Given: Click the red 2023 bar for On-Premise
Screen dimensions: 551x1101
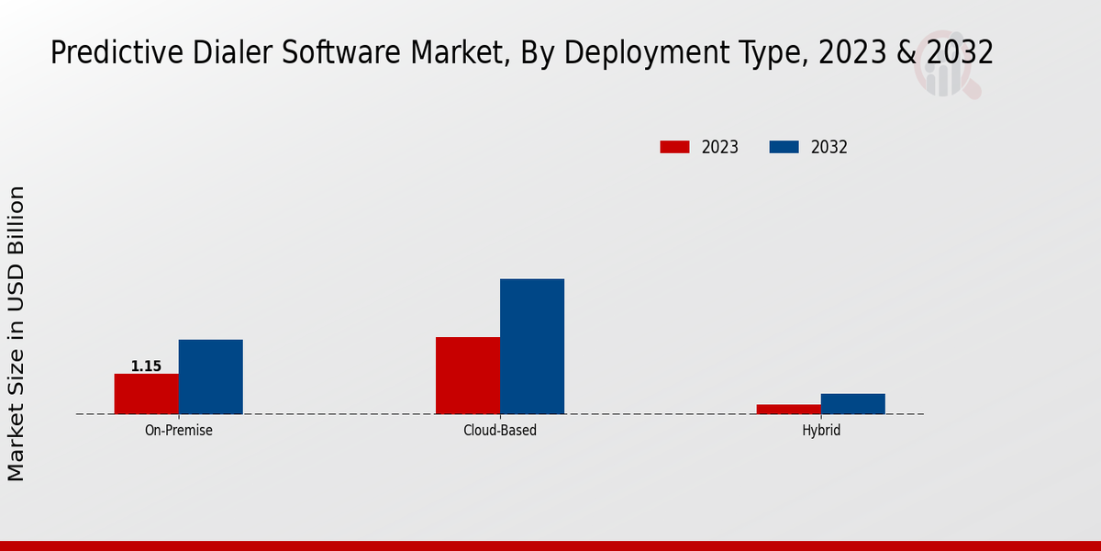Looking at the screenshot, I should click(x=146, y=394).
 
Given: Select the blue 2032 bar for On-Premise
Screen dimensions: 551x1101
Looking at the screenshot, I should click(x=210, y=377).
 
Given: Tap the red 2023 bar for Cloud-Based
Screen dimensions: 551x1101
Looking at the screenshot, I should click(x=468, y=376).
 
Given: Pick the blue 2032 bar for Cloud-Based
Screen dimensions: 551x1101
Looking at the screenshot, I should click(x=532, y=346).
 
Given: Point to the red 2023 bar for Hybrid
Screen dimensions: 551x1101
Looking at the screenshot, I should click(x=789, y=410).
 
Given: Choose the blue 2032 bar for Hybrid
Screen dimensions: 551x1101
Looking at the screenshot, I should click(x=853, y=404).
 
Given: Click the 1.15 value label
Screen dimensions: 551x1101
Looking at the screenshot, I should click(x=146, y=366).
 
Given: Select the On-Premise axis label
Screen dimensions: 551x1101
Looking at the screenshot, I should click(x=179, y=430).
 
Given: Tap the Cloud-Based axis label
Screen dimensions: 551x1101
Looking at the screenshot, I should click(x=500, y=430).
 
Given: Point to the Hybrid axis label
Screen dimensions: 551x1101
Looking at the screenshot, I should click(x=821, y=430).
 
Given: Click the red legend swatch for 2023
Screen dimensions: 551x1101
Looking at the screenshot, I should click(x=674, y=147).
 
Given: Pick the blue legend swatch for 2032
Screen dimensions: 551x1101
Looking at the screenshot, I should click(x=784, y=147).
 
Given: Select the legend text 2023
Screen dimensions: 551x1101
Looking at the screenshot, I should click(x=720, y=147).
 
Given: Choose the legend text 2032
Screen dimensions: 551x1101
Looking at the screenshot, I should click(x=829, y=147).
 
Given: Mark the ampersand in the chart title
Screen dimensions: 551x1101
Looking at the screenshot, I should click(x=906, y=53).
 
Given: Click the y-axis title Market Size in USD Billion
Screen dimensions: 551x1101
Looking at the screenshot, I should click(x=17, y=333).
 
